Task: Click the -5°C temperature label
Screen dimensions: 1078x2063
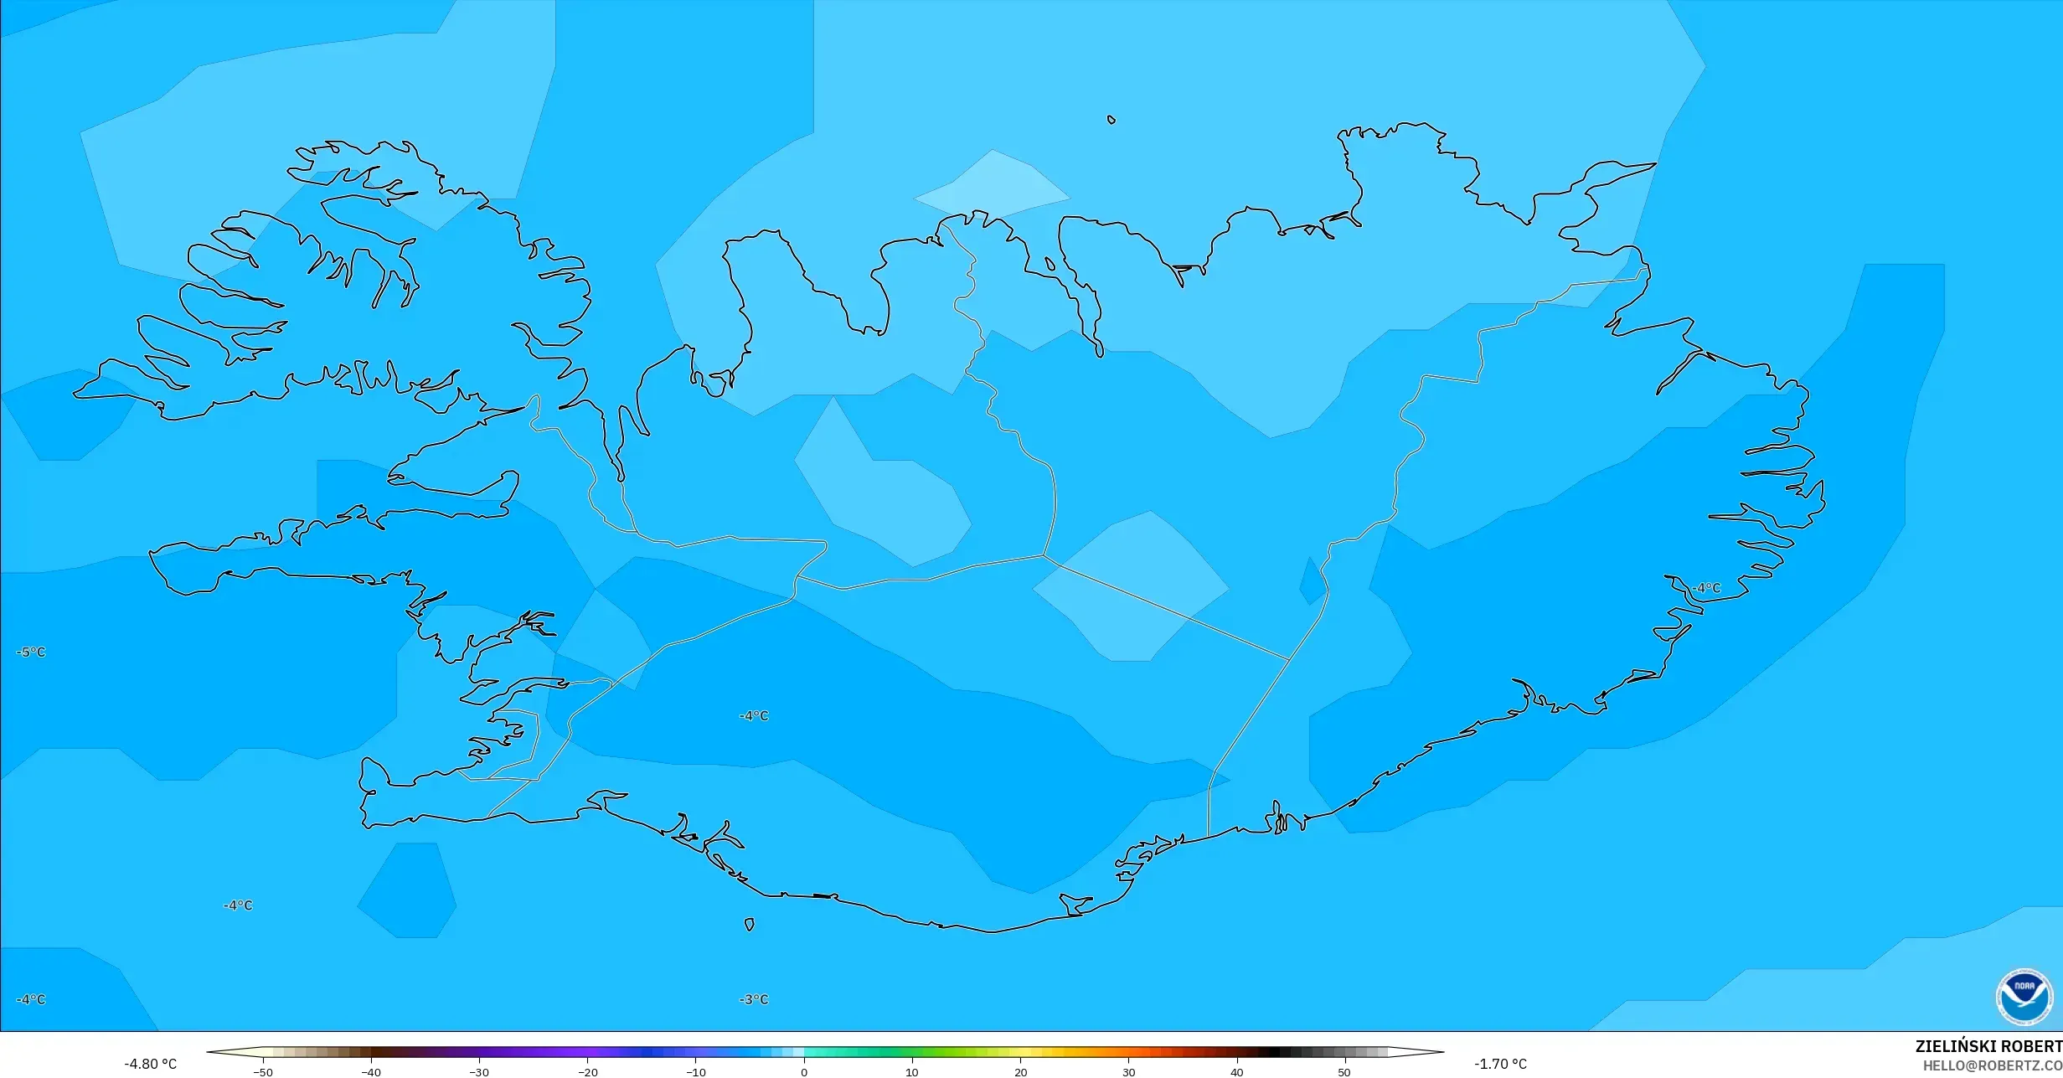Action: [x=31, y=652]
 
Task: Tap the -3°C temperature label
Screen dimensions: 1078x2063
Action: [x=754, y=999]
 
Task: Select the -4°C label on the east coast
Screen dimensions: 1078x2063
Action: [x=1706, y=588]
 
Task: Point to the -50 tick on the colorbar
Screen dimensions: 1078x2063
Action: [x=263, y=1071]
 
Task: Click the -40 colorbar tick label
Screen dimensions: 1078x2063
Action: [x=371, y=1071]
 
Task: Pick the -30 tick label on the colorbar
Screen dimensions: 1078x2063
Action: [x=479, y=1071]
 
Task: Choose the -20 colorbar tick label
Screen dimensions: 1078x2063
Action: [x=588, y=1071]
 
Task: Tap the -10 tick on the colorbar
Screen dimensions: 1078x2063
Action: [x=696, y=1071]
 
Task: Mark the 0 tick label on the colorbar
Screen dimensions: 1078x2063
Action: [x=804, y=1071]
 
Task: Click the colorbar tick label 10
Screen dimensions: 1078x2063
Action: [x=912, y=1071]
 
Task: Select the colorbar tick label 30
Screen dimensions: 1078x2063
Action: [x=1129, y=1071]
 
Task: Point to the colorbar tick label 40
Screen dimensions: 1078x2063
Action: [x=1237, y=1071]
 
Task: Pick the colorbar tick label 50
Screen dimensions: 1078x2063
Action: [x=1344, y=1071]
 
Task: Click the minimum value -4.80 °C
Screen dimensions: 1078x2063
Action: [x=151, y=1064]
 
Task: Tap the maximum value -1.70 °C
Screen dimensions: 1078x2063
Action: [x=1500, y=1064]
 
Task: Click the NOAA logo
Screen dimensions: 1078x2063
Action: [x=2024, y=997]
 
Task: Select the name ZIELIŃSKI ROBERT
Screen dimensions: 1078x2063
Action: [x=1988, y=1046]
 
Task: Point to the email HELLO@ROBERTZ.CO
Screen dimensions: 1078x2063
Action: [x=1992, y=1065]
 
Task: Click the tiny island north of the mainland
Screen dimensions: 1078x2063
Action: [x=1111, y=120]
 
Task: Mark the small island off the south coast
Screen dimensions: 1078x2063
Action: [x=750, y=925]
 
